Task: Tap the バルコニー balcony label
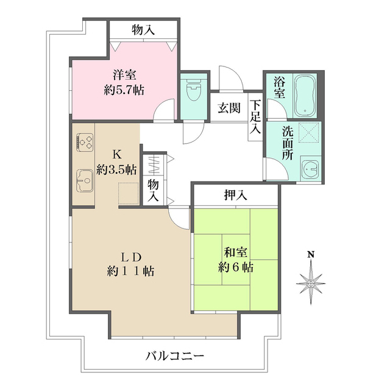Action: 174,355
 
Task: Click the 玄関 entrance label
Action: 229,108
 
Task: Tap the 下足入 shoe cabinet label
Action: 255,116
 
